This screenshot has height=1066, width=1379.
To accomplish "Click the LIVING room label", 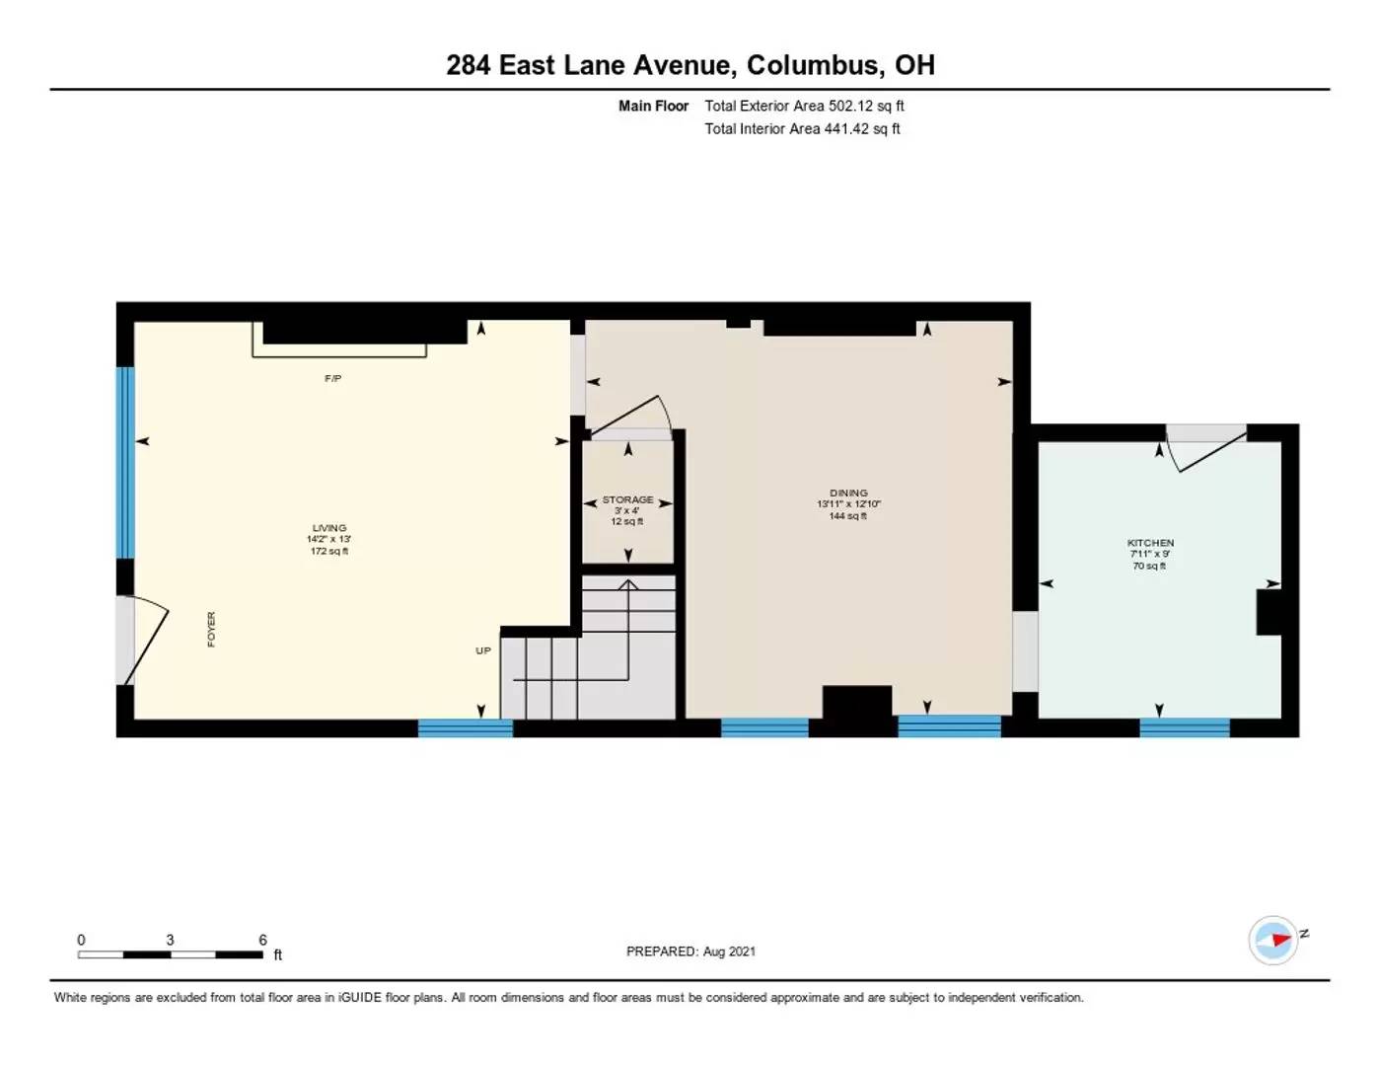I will [x=328, y=528].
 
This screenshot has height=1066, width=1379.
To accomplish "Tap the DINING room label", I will [x=848, y=493].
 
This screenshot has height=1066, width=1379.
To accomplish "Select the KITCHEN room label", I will [x=1150, y=543].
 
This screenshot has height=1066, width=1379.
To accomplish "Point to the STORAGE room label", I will [x=627, y=499].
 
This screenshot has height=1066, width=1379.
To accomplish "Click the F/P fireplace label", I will [x=332, y=379].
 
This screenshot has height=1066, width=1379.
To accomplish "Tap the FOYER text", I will [x=211, y=630].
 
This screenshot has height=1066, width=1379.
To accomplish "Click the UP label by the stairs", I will [x=483, y=650].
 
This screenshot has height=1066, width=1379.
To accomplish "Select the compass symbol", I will [x=1273, y=940].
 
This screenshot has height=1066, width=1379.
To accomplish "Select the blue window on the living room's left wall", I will [x=125, y=462].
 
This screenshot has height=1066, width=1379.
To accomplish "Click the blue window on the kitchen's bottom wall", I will [x=1184, y=728].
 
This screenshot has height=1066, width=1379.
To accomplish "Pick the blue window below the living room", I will [x=466, y=728].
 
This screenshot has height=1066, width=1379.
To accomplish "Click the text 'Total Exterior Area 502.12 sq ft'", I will [x=804, y=106].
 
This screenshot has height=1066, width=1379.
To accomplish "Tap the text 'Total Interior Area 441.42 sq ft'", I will [x=802, y=128].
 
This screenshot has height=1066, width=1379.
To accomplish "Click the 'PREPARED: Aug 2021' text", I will [x=690, y=952].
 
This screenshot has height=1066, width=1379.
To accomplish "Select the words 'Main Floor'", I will [x=653, y=106].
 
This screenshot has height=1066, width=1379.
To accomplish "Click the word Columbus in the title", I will [x=814, y=65].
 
